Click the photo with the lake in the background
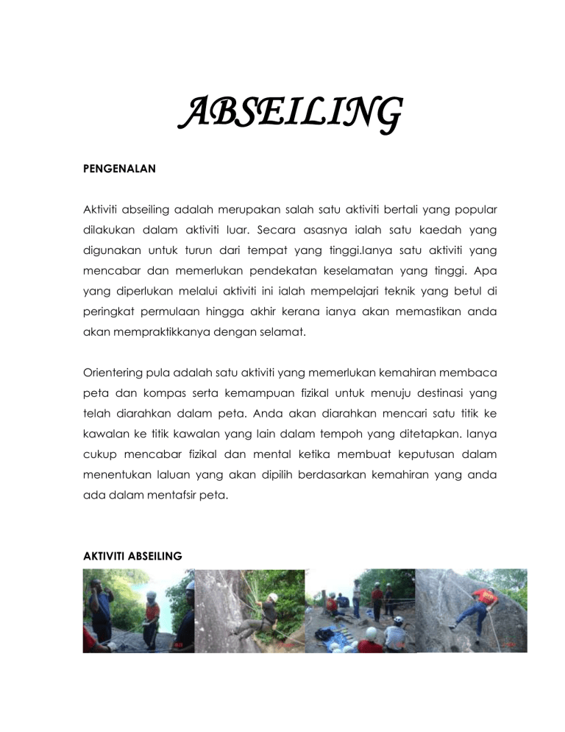(138, 610)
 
